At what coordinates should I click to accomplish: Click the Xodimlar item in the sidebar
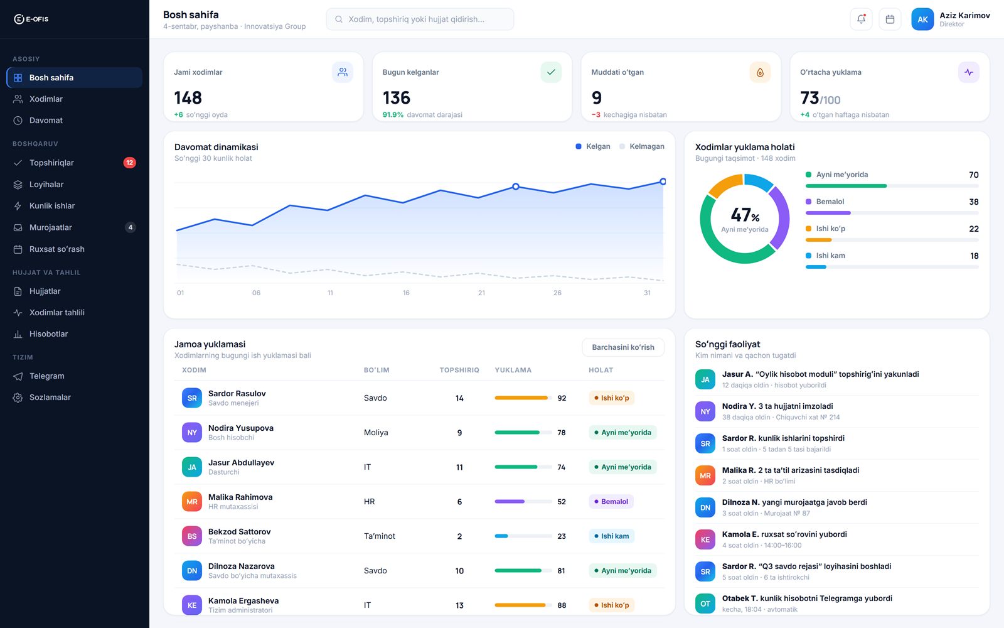coord(46,99)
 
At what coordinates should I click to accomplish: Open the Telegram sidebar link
coord(46,376)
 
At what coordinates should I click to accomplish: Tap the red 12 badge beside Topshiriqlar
coord(129,163)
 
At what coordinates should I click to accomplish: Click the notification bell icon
coord(861,19)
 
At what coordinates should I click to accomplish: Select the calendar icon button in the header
coord(890,19)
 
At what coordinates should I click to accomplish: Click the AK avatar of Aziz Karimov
coord(922,19)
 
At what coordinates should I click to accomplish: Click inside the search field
coord(420,19)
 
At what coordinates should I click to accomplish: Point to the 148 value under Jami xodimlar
coord(188,98)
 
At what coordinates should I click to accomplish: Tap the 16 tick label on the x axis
coord(405,293)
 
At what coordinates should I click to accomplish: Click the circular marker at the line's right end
coord(663,181)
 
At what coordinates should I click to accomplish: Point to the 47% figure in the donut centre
coord(745,215)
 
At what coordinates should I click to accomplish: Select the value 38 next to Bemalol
coord(973,202)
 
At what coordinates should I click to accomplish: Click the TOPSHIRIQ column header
coord(459,370)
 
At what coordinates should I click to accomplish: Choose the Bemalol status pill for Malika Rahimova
coord(611,502)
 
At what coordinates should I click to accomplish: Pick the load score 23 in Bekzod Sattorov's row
coord(561,536)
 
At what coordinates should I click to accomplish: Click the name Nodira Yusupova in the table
coord(241,428)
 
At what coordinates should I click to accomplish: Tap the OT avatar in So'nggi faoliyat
coord(705,604)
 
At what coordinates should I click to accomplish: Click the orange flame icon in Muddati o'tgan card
coord(760,72)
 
